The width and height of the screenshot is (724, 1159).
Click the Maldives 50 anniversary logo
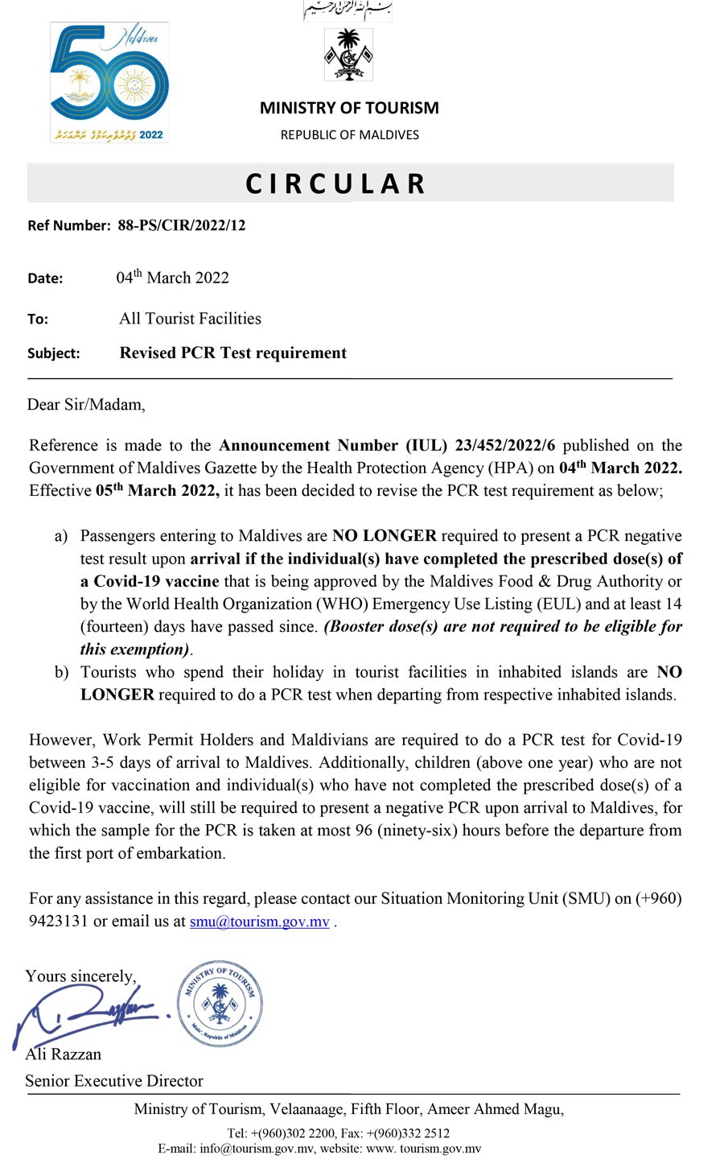pos(109,83)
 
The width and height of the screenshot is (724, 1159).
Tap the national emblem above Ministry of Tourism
pos(348,55)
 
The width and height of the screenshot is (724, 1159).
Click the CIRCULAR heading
pos(335,184)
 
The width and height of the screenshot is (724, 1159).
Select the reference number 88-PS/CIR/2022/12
pos(181,225)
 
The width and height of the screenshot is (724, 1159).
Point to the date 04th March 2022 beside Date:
pos(172,278)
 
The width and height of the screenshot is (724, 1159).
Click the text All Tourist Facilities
pos(190,319)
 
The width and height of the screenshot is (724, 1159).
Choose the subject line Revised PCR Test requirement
pos(232,353)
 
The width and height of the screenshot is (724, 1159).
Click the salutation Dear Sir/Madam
pos(86,404)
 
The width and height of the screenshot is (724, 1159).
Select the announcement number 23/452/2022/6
pos(505,445)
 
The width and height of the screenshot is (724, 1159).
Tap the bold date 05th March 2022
pos(157,490)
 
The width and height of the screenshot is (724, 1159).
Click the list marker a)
pos(61,536)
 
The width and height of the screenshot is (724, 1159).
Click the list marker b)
pos(61,672)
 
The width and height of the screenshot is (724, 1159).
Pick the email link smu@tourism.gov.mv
pos(259,922)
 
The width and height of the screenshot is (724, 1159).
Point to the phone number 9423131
pos(58,922)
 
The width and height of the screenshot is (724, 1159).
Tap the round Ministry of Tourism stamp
pos(220,1004)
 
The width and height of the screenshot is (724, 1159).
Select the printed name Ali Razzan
pos(64,1054)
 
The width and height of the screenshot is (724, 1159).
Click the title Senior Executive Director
pos(113,1081)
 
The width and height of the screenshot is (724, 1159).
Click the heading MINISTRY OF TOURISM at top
pos(349,108)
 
